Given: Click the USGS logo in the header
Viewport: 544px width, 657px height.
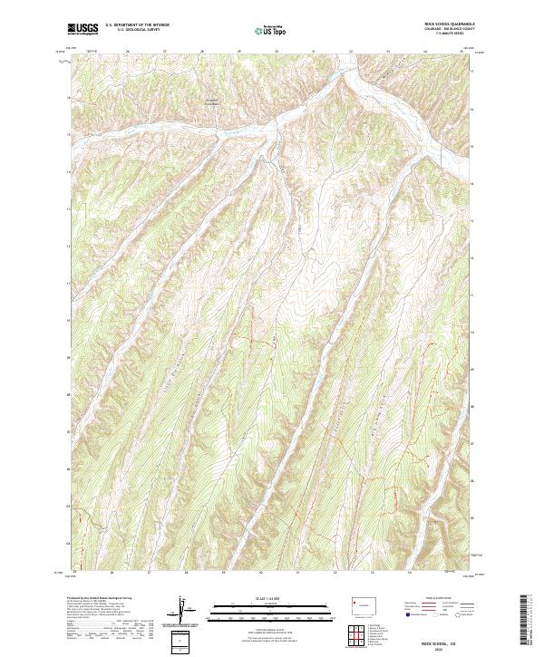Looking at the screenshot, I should point(83,28).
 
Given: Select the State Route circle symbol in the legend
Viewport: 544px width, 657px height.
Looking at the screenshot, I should point(458,614).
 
